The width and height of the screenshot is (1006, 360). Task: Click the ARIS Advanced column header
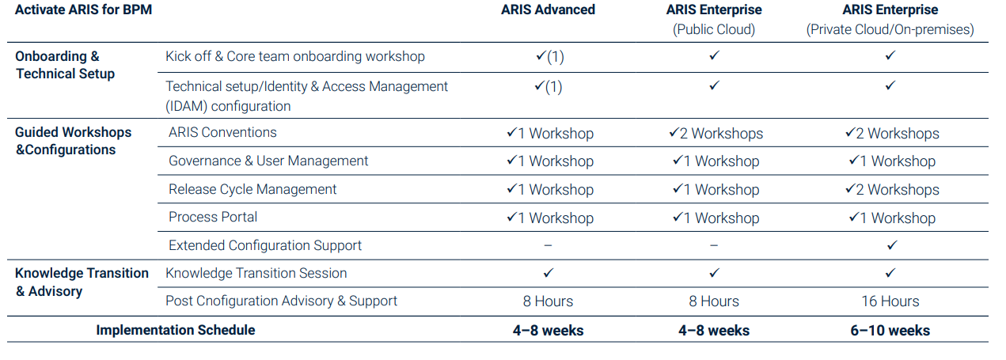548,9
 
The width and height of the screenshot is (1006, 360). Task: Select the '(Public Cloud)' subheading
714,29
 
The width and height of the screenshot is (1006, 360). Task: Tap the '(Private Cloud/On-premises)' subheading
890,29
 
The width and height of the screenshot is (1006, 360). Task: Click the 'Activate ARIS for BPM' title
84,9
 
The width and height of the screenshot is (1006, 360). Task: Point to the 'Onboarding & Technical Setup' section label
65,65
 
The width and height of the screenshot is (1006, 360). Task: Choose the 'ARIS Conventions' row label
222,132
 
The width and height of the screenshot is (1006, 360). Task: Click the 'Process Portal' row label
213,217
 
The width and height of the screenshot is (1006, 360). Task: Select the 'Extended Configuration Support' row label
265,245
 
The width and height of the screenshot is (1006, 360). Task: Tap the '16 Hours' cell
890,301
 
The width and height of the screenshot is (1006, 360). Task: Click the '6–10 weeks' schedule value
890,331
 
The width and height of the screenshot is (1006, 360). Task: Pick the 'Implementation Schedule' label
176,330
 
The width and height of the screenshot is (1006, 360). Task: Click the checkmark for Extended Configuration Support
892,245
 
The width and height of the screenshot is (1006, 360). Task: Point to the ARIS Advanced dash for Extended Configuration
548,245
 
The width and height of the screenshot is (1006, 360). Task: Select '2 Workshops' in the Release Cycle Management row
892,189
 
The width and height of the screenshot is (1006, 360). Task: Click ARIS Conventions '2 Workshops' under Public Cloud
716,133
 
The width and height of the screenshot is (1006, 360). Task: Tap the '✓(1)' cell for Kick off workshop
550,56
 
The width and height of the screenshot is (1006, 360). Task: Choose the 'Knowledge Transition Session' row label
256,273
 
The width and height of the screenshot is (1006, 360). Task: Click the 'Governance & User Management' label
268,161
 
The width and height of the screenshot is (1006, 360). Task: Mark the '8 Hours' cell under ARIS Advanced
548,301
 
